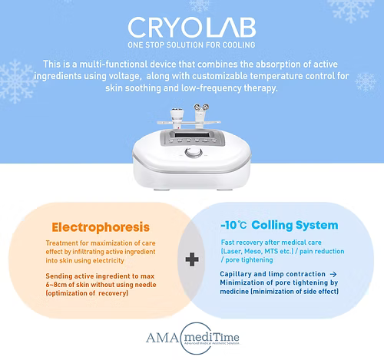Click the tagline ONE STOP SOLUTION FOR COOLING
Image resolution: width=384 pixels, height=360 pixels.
coord(191,44)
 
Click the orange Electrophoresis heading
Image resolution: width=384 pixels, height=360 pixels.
coord(101,227)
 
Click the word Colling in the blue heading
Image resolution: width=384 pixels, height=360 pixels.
coord(283,225)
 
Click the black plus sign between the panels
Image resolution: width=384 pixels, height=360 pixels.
coord(190,261)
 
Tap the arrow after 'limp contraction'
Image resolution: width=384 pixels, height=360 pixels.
coord(333,273)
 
